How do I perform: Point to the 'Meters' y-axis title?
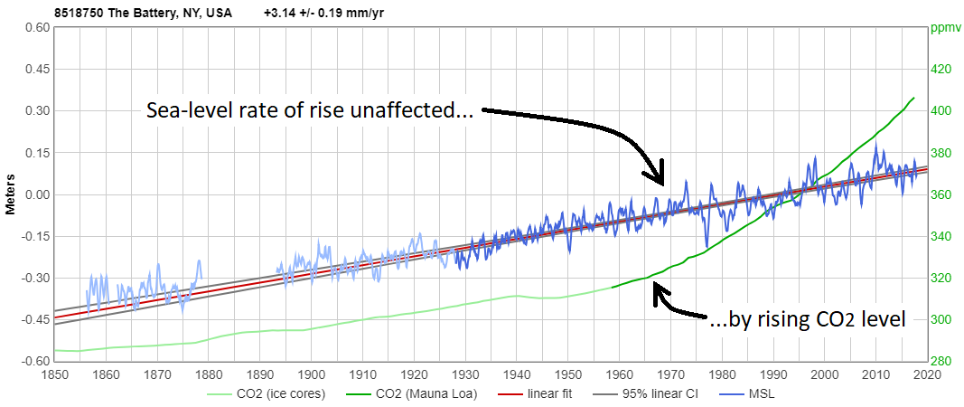11,194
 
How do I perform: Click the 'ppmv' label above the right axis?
943,26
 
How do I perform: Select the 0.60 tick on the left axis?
36,27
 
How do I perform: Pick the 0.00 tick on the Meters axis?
36,194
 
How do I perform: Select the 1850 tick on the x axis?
54,373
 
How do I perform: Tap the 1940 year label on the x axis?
517,373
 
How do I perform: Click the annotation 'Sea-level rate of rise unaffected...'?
311,111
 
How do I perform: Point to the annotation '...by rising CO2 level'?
808,317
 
